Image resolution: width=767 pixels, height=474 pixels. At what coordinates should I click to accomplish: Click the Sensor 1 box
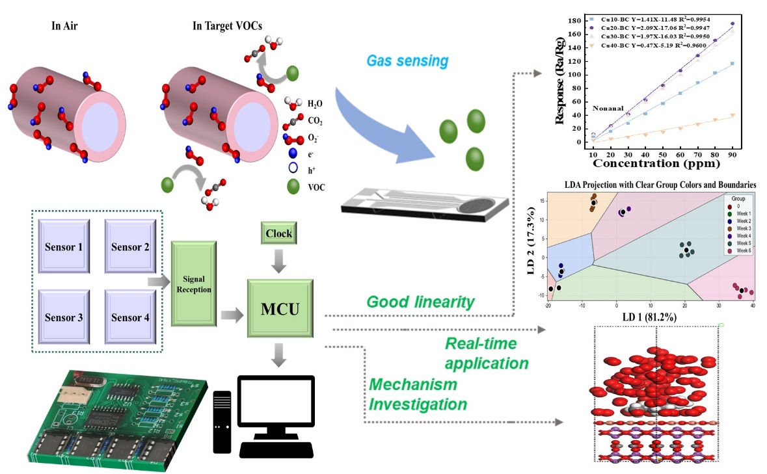pos(64,247)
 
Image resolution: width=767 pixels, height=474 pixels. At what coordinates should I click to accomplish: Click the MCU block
pos(280,308)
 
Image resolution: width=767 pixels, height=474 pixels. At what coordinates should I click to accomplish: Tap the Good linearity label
pos(420,302)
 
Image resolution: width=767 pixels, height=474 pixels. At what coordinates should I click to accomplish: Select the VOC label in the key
pos(315,188)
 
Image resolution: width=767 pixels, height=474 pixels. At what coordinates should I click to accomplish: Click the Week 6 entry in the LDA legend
pos(739,251)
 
